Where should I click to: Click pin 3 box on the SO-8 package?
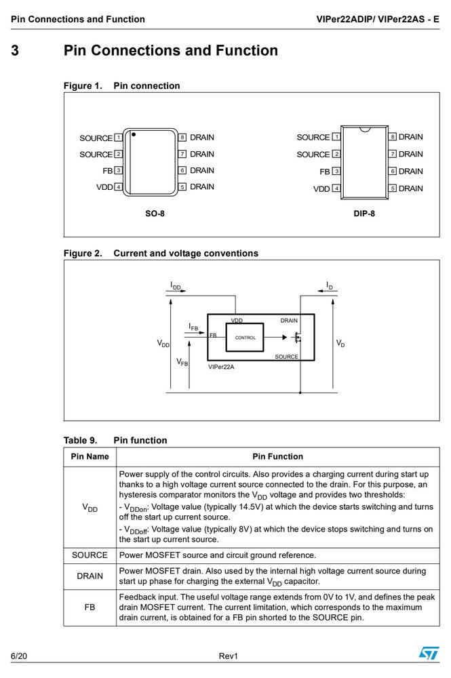click(x=118, y=170)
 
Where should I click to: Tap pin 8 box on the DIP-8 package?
click(x=392, y=137)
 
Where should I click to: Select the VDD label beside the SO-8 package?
click(x=104, y=187)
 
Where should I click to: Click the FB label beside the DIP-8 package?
click(x=325, y=172)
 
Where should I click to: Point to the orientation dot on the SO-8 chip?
click(x=134, y=134)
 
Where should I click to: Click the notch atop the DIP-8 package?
click(x=364, y=129)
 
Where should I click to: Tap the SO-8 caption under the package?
click(x=155, y=213)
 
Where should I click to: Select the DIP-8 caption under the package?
click(x=364, y=213)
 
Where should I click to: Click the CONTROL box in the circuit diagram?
click(x=245, y=337)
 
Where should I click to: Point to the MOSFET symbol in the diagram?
click(x=297, y=337)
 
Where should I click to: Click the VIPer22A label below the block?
click(x=221, y=367)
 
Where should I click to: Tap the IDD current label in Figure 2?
click(x=175, y=286)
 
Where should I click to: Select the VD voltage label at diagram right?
click(x=340, y=343)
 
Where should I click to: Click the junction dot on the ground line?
click(x=300, y=393)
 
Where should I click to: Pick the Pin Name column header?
click(x=90, y=456)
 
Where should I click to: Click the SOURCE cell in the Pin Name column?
click(x=90, y=555)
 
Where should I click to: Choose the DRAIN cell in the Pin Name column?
click(x=90, y=576)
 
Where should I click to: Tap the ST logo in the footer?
click(x=429, y=652)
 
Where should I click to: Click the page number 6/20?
click(x=18, y=656)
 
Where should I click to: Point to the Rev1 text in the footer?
click(x=229, y=656)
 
